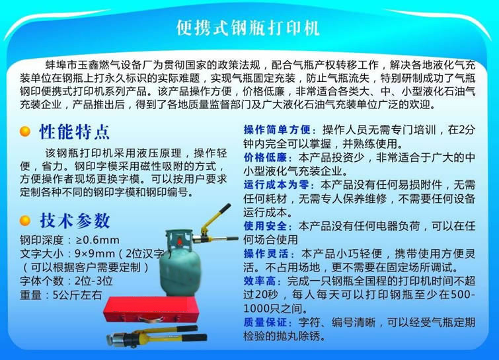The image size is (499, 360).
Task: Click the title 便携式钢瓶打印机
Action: click(248, 28)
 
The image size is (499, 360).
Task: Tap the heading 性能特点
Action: click(75, 131)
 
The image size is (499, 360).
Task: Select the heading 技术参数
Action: click(75, 221)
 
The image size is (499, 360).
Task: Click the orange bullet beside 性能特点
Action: click(25, 131)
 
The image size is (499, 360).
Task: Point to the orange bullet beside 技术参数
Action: click(25, 221)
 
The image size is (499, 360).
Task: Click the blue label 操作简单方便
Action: click(277, 129)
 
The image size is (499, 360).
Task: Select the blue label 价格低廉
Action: click(265, 157)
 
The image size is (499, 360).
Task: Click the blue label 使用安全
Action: click(265, 226)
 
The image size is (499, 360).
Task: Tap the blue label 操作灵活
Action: click(266, 254)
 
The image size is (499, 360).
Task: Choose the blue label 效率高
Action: click(260, 281)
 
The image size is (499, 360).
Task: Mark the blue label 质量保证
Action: click(265, 322)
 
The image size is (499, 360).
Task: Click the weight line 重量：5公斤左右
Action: click(61, 295)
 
